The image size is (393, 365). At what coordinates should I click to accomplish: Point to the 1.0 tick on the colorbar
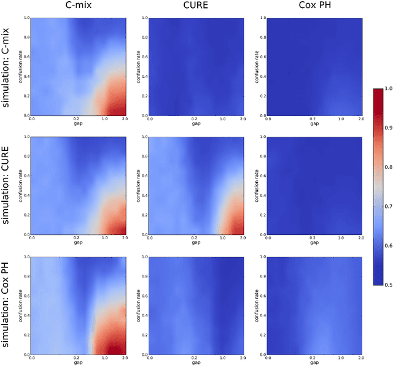pyautogui.click(x=387, y=88)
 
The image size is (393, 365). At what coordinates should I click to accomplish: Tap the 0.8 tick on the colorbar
pyautogui.click(x=387, y=167)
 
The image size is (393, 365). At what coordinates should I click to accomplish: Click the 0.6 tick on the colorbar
pyautogui.click(x=387, y=245)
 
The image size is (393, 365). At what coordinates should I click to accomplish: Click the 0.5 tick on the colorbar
pyautogui.click(x=387, y=285)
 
